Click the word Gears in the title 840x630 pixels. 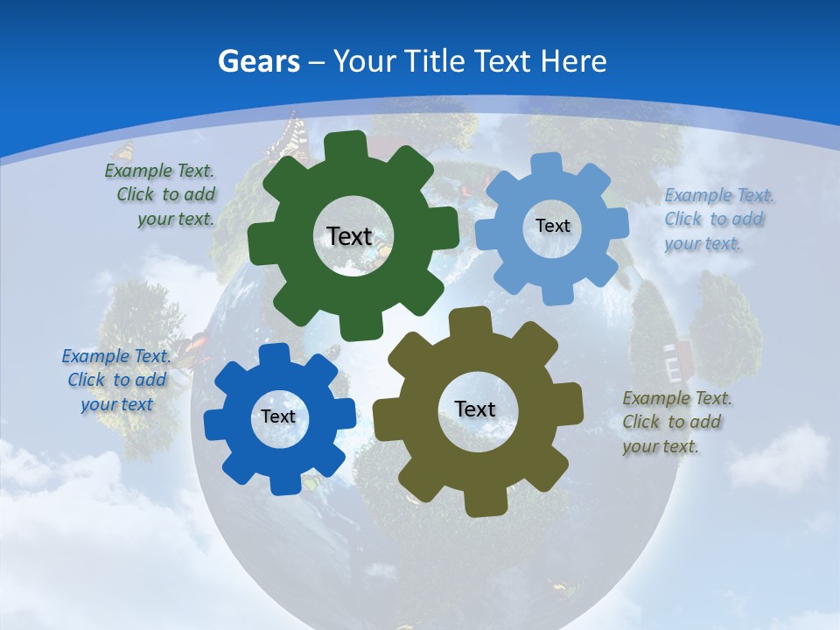tap(258, 62)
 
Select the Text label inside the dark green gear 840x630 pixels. tap(349, 236)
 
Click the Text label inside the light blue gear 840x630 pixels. tap(552, 226)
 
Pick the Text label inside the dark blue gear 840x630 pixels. tap(278, 416)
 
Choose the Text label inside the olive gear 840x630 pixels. tap(475, 409)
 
